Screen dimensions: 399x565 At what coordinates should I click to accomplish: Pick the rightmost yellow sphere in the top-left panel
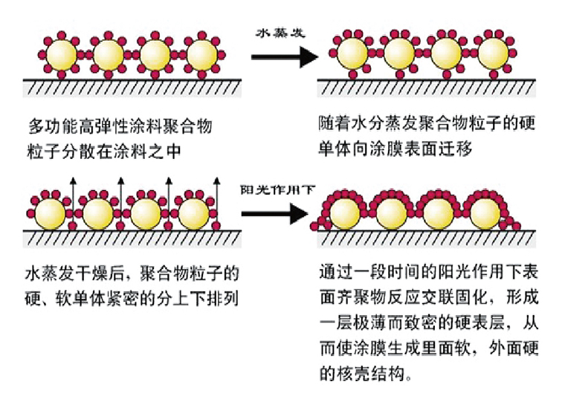(201, 54)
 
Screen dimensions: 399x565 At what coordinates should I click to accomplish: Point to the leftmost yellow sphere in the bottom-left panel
(51, 213)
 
